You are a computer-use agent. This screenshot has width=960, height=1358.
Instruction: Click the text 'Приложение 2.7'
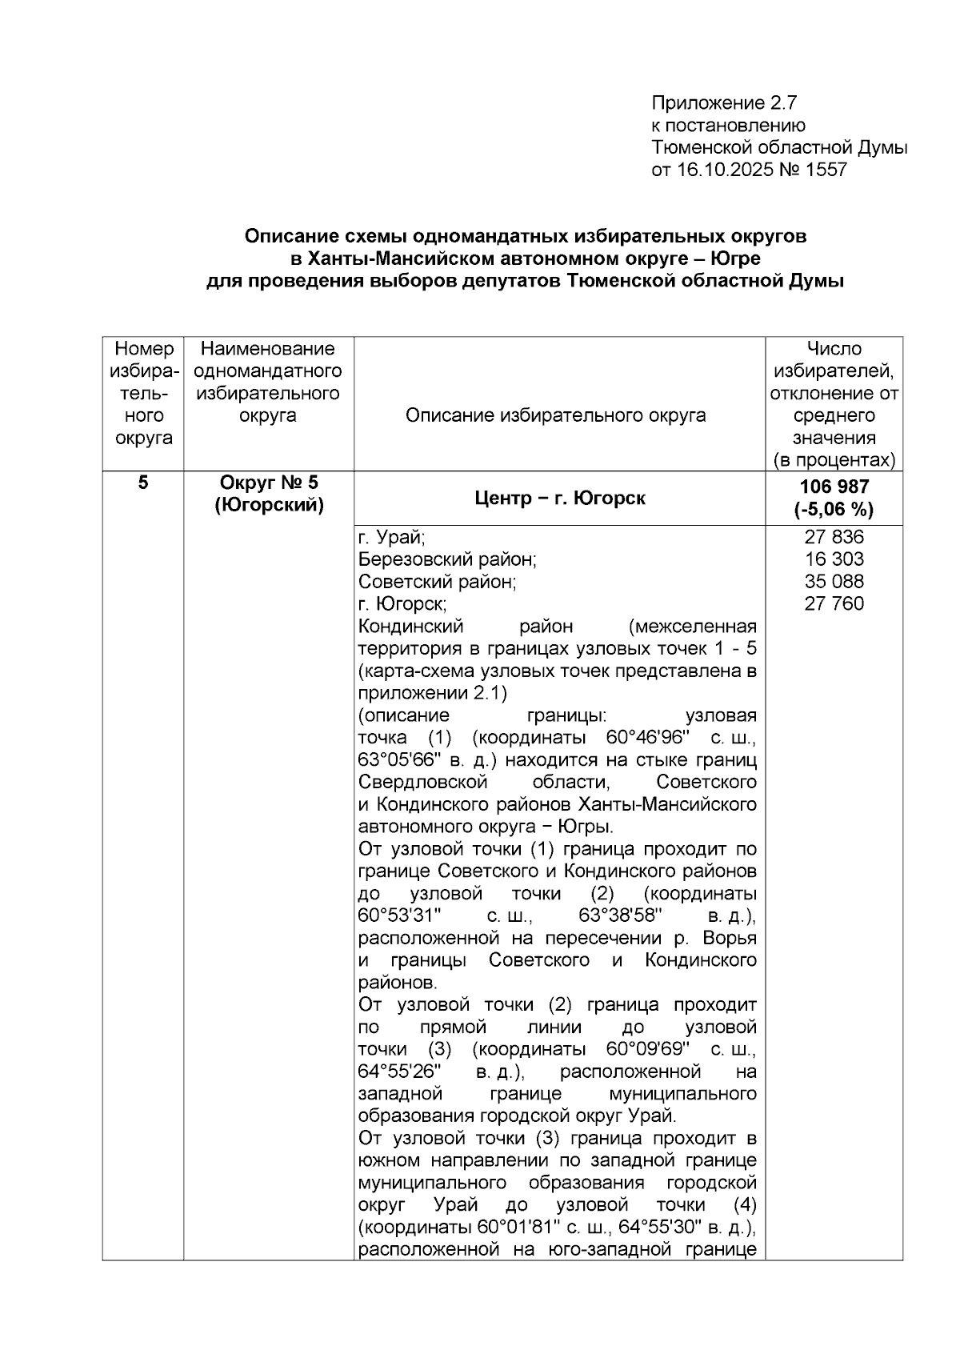pyautogui.click(x=725, y=103)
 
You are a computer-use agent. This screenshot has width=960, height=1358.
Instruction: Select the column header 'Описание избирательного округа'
pyautogui.click(x=555, y=415)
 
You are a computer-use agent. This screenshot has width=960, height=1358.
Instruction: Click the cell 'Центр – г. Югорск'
pyautogui.click(x=559, y=499)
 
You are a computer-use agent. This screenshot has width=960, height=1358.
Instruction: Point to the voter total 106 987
pyautogui.click(x=834, y=487)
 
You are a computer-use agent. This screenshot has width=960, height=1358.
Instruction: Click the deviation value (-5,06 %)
pyautogui.click(x=834, y=510)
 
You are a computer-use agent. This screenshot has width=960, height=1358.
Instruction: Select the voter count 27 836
pyautogui.click(x=834, y=537)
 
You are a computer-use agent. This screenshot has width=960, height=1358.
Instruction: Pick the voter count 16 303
pyautogui.click(x=834, y=559)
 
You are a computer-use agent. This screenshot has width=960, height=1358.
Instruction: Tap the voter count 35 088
pyautogui.click(x=834, y=582)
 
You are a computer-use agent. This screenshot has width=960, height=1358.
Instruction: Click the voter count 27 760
pyautogui.click(x=834, y=604)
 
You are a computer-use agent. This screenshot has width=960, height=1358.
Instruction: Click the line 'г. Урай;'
pyautogui.click(x=391, y=538)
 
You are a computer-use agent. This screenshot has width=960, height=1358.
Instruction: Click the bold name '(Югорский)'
pyautogui.click(x=269, y=506)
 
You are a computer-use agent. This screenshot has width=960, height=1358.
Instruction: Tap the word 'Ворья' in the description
pyautogui.click(x=733, y=938)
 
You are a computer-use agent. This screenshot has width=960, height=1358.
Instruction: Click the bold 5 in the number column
pyautogui.click(x=143, y=483)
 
